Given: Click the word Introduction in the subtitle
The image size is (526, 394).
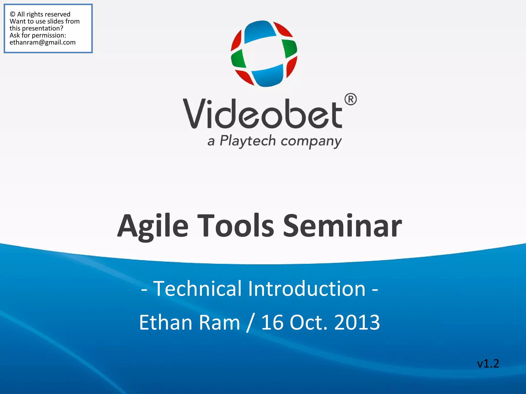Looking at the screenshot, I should tap(307, 289).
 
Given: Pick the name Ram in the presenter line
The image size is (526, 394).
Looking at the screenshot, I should tap(219, 322).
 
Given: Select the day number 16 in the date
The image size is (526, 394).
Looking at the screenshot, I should tap(272, 322).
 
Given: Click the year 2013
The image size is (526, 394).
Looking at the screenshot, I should tap(357, 322).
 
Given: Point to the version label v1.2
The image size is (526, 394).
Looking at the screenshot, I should tap(488, 363).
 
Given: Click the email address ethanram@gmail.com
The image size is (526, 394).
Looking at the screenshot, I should tap(43, 42).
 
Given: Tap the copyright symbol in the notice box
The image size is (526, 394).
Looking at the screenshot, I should tap(13, 14).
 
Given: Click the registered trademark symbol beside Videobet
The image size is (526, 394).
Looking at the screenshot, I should tap(351, 99).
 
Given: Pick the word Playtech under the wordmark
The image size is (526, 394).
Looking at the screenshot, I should tap(248, 141).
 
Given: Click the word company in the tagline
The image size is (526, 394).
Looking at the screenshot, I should tap(311, 141).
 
